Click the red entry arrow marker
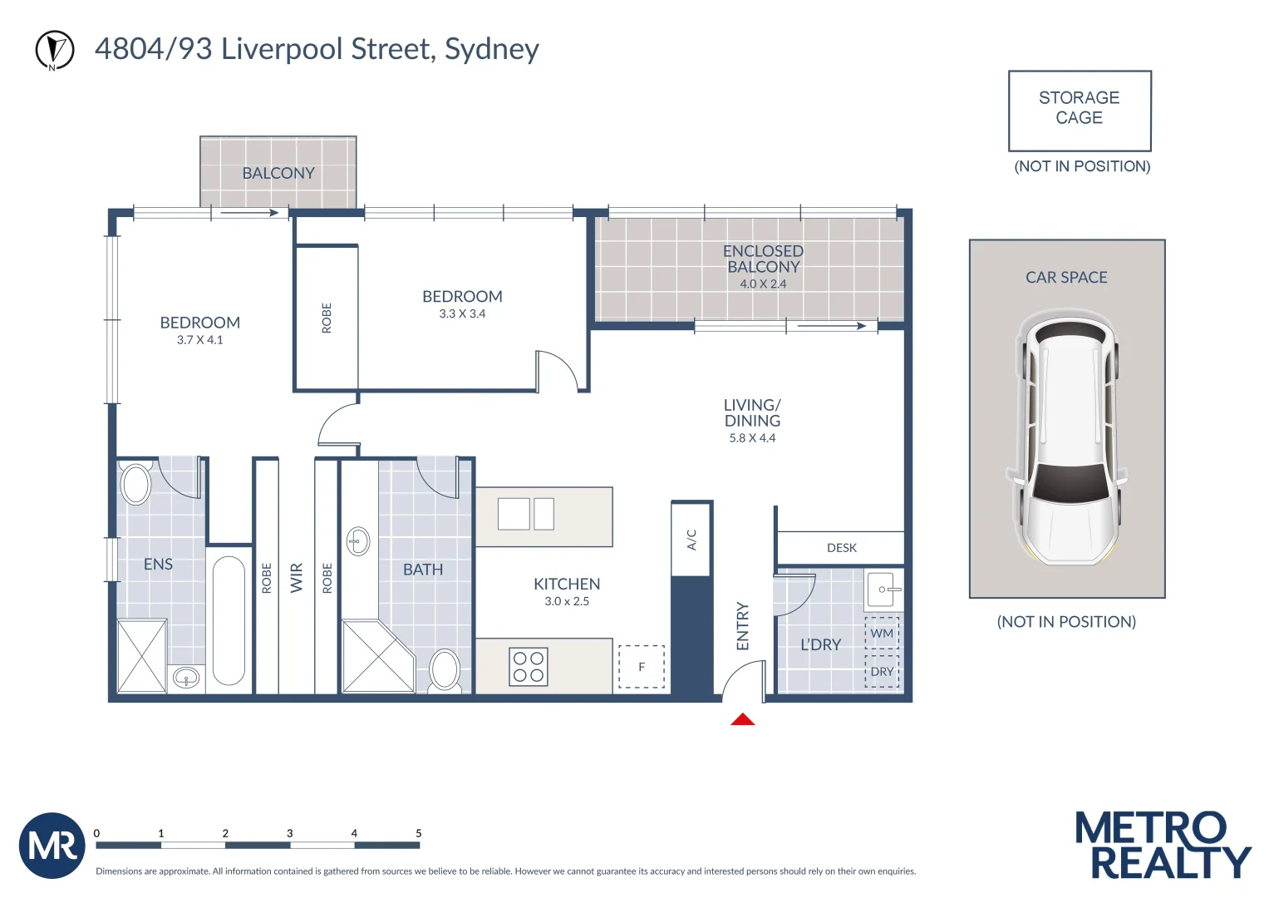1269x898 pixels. coord(742,719)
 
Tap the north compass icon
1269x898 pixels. coord(55,50)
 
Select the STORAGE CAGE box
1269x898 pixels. coord(1079,110)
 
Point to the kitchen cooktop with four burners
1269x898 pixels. coord(529,667)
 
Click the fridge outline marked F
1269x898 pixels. coord(642,667)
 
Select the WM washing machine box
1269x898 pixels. coord(882,634)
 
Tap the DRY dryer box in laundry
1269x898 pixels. coord(882,672)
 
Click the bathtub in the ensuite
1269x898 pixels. coord(229,619)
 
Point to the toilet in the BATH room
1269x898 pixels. coord(445,670)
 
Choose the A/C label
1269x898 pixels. coord(691,540)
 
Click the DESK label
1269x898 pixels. coord(841,548)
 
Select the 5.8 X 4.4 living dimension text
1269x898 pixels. coord(752,438)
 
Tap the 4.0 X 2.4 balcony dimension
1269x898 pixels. coord(763,284)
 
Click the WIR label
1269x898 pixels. coord(297,578)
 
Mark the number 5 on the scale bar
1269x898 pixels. coord(418,833)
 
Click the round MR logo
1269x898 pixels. coord(52,846)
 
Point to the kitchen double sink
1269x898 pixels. coord(526,514)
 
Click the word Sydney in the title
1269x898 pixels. coord(492,50)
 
